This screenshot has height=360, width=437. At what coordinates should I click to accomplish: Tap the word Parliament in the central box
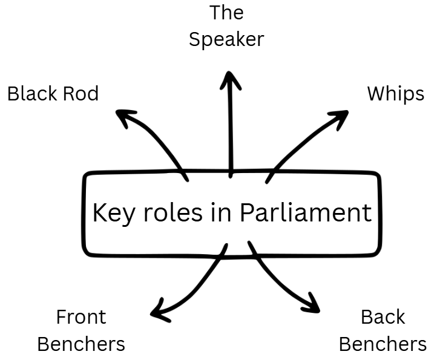[x=306, y=213]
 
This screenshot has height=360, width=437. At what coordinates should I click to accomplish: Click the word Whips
[x=396, y=94]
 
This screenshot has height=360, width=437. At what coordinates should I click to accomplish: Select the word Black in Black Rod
[x=32, y=94]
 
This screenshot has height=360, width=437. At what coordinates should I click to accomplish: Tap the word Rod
[x=80, y=94]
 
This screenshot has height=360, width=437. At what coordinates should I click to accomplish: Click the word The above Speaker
[x=226, y=12]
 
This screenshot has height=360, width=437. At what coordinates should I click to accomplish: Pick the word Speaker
[x=226, y=40]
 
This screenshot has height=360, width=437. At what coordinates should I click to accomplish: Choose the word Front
[x=81, y=317]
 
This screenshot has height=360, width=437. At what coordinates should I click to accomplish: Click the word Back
[x=383, y=317]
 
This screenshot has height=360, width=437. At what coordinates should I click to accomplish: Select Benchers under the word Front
[x=81, y=344]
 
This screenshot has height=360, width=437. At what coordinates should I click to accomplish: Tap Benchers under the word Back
[x=383, y=344]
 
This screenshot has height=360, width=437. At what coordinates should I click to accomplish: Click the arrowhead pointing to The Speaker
[x=229, y=77]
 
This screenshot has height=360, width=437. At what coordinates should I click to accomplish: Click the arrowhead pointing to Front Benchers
[x=158, y=310]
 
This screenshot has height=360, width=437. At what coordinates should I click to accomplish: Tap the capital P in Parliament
[x=246, y=213]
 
